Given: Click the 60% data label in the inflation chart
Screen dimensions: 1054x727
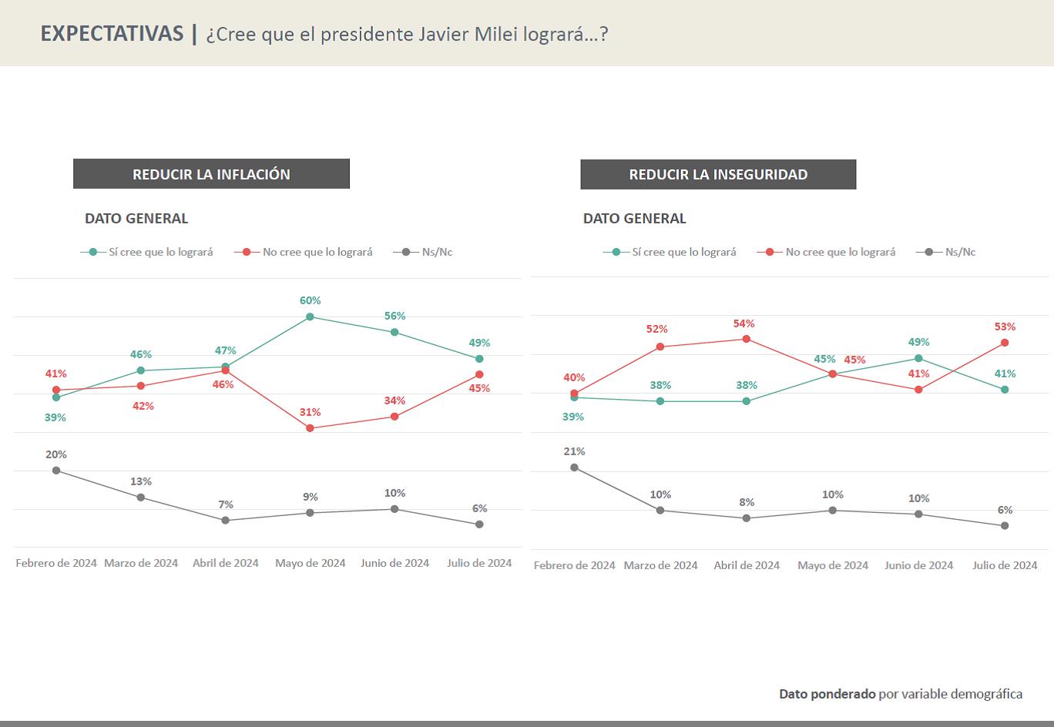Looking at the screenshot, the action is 310,300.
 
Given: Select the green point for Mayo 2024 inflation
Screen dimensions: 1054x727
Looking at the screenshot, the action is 310,317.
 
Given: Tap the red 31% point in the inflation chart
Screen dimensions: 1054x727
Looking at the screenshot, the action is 310,428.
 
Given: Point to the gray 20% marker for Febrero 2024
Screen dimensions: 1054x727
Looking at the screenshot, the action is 56,471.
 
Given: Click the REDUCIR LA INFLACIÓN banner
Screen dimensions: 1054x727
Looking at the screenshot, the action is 211,174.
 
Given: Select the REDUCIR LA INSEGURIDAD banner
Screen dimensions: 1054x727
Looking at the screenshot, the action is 718,175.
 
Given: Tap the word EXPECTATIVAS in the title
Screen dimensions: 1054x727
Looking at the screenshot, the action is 112,34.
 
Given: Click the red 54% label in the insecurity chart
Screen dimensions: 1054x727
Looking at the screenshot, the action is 744,323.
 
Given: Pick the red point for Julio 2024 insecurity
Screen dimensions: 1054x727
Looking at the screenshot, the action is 1005,343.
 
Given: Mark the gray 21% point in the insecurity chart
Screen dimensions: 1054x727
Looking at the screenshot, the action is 574,468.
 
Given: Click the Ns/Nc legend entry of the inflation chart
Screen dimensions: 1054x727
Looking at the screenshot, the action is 423,252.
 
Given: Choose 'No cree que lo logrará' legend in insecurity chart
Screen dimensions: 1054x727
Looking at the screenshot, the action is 826,252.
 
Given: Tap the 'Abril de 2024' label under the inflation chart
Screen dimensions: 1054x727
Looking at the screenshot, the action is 226,563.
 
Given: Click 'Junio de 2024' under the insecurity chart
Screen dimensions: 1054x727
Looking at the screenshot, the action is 918,565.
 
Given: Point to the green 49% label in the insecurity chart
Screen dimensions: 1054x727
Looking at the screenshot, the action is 918,342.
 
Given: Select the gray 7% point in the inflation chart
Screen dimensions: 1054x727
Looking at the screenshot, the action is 226,521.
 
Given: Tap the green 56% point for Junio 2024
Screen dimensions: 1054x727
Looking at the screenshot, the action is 394,333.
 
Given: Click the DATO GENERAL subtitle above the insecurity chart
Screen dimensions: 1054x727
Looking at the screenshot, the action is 634,219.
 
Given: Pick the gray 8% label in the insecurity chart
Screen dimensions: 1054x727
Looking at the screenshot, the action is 747,502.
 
